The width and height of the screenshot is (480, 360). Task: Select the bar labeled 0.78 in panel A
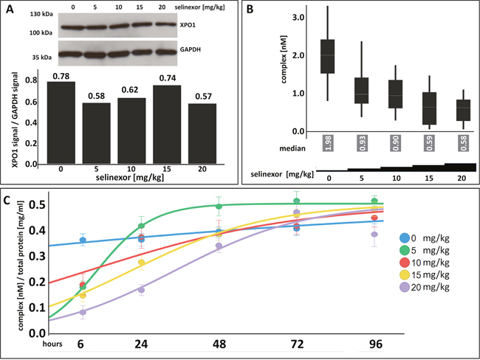coord(60,122)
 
